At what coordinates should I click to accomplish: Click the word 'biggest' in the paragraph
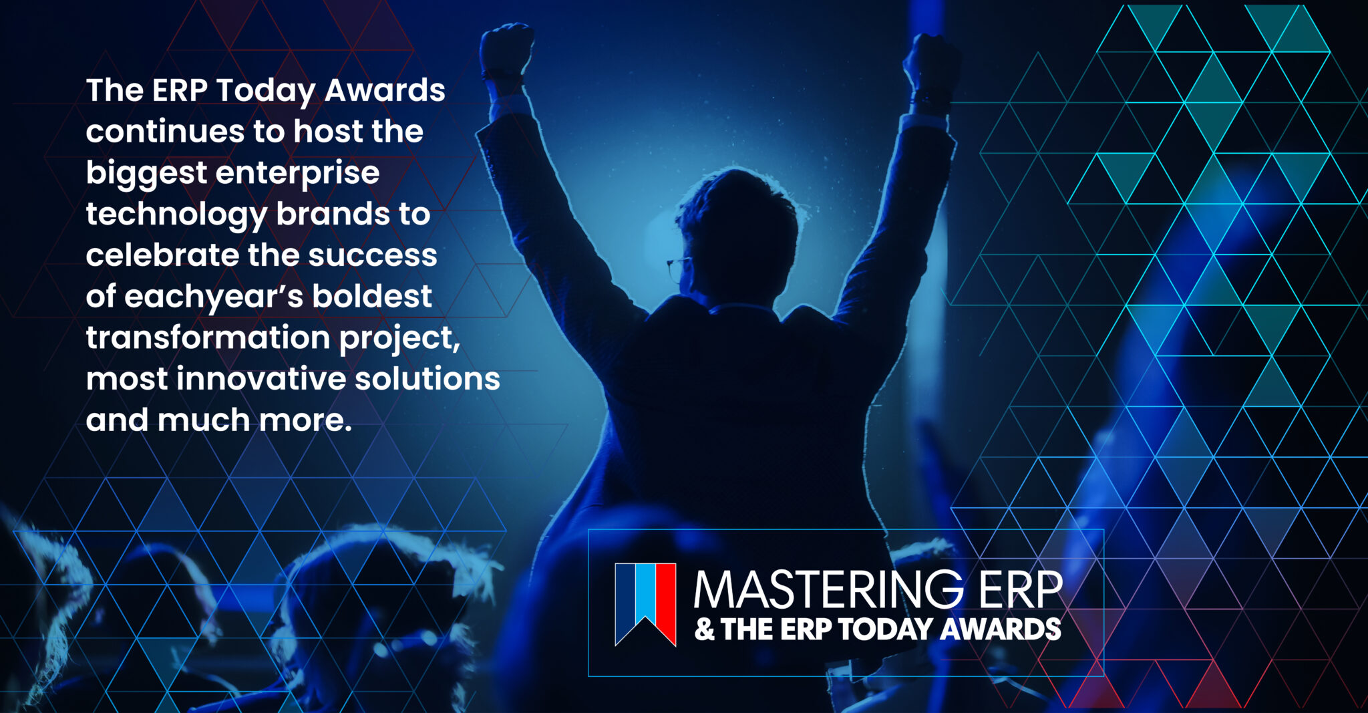click(146, 174)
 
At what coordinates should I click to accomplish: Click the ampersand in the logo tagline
click(704, 629)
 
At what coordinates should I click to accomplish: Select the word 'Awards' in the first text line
click(385, 90)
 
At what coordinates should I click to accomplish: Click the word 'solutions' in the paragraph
click(427, 379)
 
